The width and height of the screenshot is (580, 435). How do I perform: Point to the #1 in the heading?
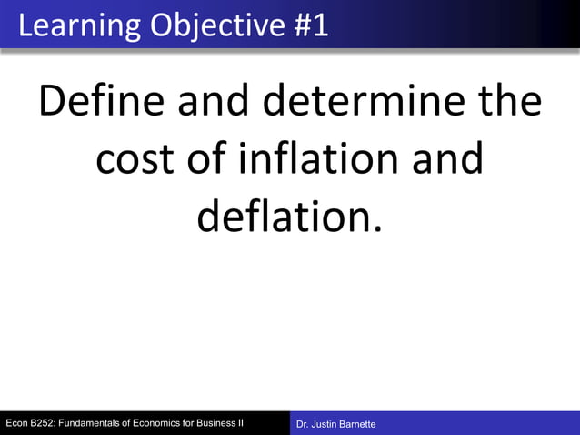[312, 25]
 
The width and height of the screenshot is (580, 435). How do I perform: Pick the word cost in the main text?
[134, 160]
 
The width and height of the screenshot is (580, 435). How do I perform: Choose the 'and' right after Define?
[215, 103]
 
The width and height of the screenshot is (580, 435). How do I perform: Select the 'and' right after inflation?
[444, 160]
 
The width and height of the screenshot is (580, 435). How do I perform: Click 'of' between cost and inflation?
[205, 160]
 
